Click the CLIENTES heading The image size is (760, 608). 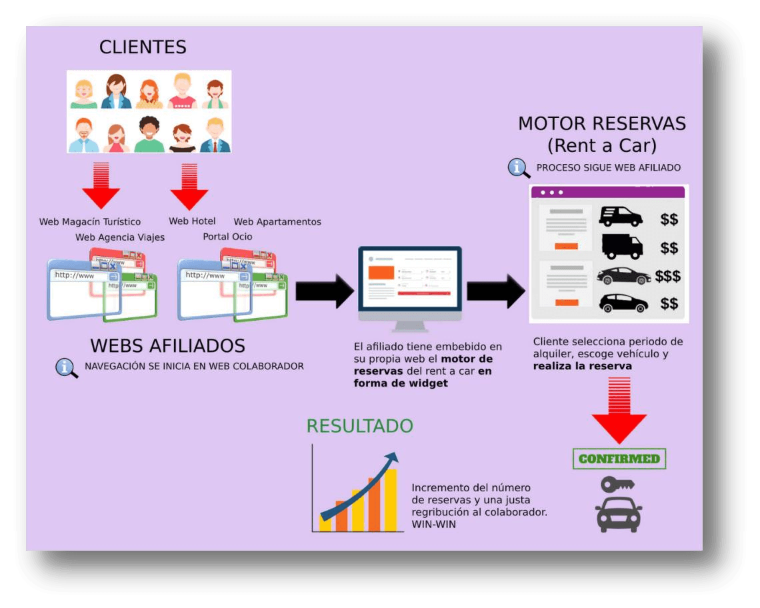143,47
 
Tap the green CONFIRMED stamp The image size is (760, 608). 619,459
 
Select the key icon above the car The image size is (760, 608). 617,484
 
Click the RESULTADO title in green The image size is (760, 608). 359,426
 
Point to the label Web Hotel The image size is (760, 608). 192,221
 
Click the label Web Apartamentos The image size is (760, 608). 277,221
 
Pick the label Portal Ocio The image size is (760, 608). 227,237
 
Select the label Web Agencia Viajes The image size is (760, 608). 120,237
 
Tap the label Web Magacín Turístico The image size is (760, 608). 90,221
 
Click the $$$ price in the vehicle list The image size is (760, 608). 668,276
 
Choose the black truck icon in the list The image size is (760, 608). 621,247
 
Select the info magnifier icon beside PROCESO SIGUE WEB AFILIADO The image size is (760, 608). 519,168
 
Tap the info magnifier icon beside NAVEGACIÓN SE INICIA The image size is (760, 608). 67,367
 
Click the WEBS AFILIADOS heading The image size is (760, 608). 167,345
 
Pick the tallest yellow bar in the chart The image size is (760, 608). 391,499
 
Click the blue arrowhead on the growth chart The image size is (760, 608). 392,458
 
